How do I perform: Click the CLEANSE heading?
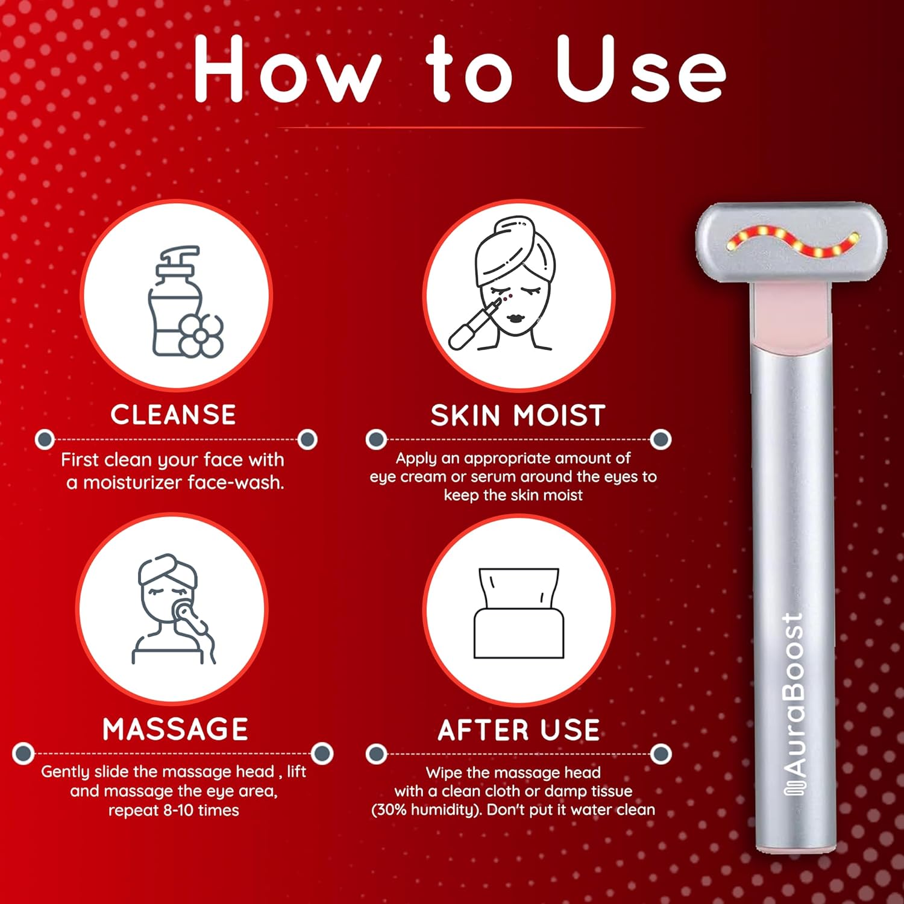tap(173, 415)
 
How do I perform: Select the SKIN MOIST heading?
tap(518, 416)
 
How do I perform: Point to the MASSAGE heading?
tap(175, 729)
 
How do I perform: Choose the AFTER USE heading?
tap(518, 730)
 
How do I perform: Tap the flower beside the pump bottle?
tap(201, 335)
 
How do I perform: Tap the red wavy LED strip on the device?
tap(792, 241)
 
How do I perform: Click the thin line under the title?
tap(460, 128)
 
